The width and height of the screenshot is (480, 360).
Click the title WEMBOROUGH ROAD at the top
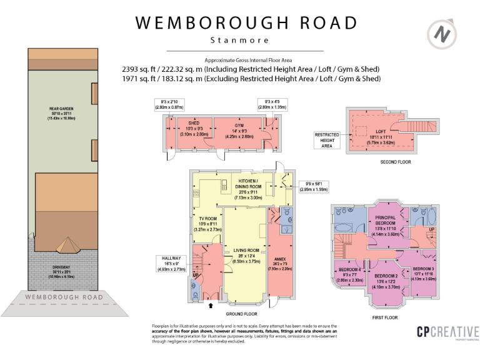[247, 23]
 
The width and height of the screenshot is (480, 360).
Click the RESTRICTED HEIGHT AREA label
[327, 139]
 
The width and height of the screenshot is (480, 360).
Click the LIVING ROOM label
[246, 251]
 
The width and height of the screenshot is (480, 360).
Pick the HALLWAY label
[171, 257]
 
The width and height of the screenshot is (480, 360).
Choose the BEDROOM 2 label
[386, 276]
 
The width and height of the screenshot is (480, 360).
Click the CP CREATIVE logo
[447, 333]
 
